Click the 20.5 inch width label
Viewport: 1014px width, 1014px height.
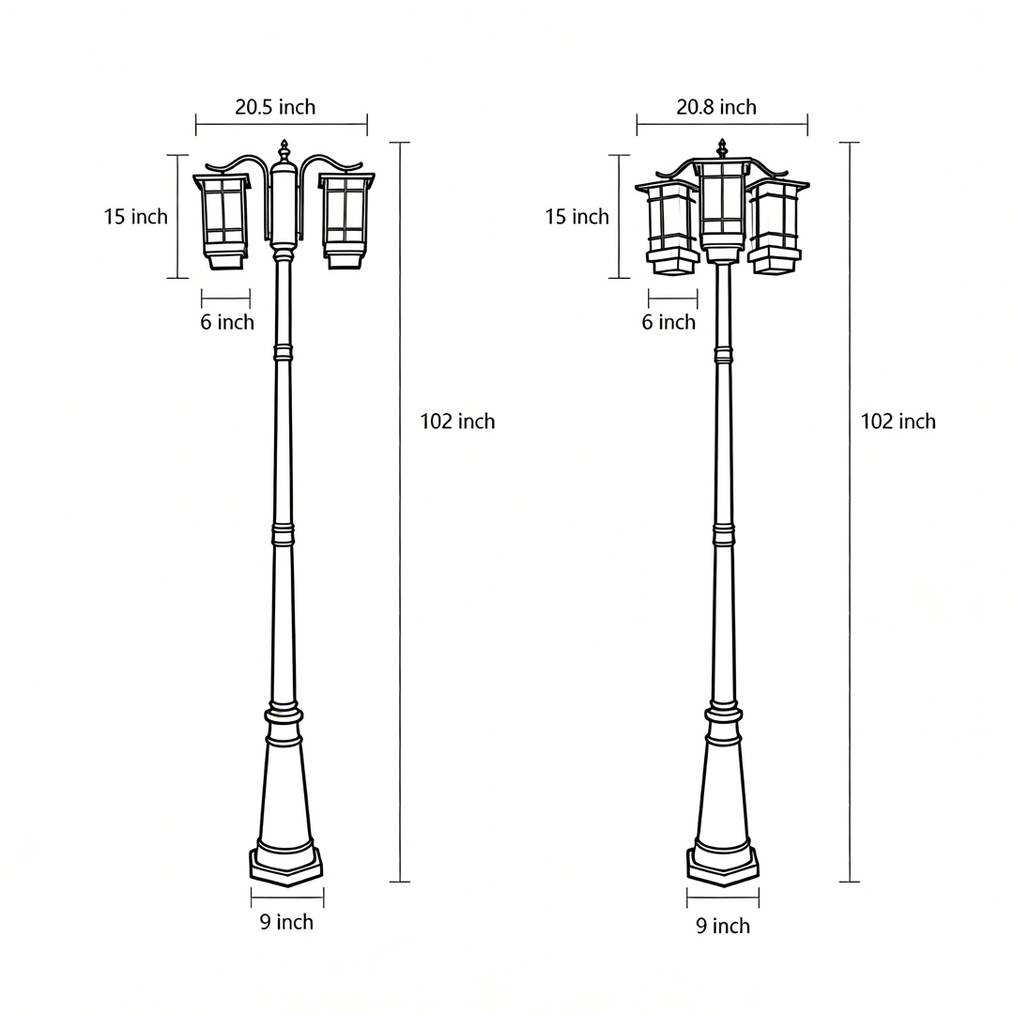tap(275, 107)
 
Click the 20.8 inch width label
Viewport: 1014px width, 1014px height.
tap(716, 107)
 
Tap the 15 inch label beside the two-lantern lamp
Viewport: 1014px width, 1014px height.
tap(135, 217)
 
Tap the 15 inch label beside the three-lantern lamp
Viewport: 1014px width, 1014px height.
tap(576, 217)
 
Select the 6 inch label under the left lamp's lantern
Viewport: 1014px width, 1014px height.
tap(227, 323)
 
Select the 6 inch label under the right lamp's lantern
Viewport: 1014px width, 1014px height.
tap(668, 323)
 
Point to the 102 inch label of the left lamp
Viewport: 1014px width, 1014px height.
tap(457, 422)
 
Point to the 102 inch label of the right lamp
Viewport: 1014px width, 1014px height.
tap(899, 422)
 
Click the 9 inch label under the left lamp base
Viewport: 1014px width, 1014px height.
tap(286, 922)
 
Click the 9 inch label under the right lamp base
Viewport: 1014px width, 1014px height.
tap(723, 927)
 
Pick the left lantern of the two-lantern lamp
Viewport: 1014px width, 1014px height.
tap(223, 220)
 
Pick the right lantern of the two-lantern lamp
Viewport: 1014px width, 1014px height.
tap(345, 220)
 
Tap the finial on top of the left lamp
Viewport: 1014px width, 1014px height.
tap(284, 150)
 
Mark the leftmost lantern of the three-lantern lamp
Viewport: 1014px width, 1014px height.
tap(670, 226)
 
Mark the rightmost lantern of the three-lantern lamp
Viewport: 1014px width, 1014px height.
tap(776, 226)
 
